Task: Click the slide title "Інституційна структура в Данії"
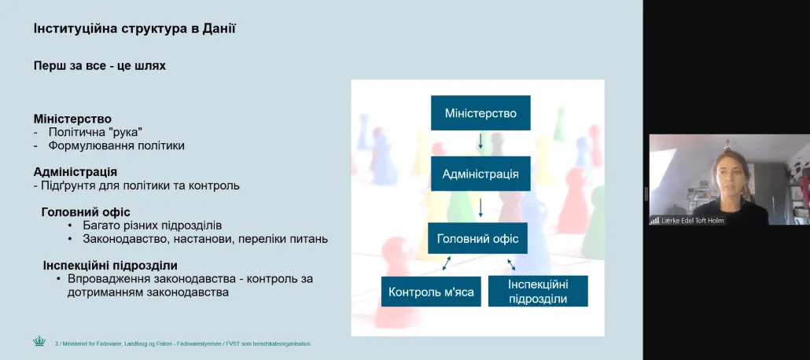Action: click(x=134, y=28)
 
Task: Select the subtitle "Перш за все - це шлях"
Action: click(x=100, y=66)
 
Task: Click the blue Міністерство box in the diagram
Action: click(x=480, y=112)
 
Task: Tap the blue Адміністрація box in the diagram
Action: click(x=480, y=174)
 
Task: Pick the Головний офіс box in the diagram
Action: click(x=478, y=238)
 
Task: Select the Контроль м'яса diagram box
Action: click(x=432, y=292)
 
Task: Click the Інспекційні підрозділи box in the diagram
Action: click(x=538, y=291)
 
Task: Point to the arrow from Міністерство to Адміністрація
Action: click(x=480, y=141)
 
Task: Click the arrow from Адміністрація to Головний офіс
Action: click(x=480, y=207)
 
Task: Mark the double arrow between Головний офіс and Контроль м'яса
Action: click(x=446, y=263)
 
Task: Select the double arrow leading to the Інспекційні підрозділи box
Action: click(x=511, y=264)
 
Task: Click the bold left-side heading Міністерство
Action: click(x=72, y=119)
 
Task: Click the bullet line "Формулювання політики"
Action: click(x=116, y=145)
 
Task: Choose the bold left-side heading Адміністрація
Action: click(x=75, y=171)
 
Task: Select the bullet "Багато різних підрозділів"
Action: click(x=153, y=226)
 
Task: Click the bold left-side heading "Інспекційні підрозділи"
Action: click(x=111, y=266)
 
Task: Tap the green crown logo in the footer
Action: click(x=39, y=341)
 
